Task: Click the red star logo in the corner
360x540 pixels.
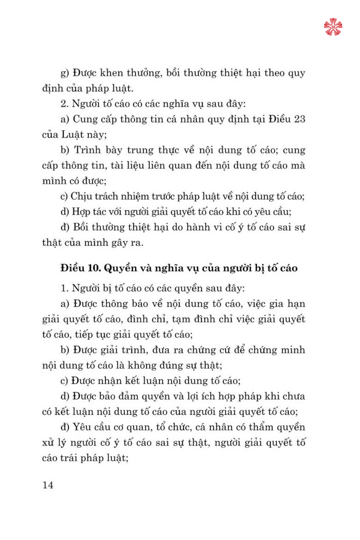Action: pyautogui.click(x=333, y=27)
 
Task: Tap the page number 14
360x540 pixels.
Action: pyautogui.click(x=48, y=485)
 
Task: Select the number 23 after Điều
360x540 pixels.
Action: pyautogui.click(x=300, y=119)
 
